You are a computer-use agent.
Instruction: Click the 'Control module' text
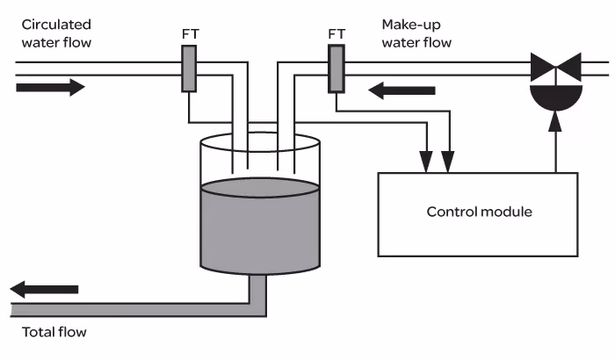479,212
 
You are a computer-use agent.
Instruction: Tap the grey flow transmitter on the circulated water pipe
189,68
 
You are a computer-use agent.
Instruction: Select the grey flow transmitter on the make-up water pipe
336,68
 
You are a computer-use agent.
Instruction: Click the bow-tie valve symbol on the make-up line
555,67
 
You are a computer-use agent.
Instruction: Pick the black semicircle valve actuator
555,91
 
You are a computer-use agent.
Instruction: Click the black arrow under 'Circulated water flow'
50,87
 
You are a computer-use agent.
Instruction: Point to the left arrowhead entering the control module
426,160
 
